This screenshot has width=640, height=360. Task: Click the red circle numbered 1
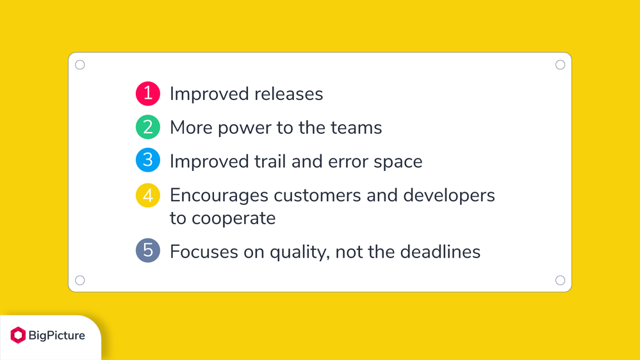coord(148,94)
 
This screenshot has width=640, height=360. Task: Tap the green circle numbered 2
coord(148,127)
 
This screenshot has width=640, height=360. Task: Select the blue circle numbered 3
coord(148,160)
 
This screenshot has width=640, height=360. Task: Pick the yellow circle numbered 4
coord(148,195)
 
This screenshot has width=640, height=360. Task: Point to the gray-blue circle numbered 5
coord(148,250)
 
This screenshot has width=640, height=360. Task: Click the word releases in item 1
coord(288,94)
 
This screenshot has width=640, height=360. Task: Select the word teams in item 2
coord(356,127)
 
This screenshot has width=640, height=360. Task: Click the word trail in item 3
coord(270,161)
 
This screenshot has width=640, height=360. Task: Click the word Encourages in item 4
coord(219,196)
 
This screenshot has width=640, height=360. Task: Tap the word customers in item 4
coord(317,195)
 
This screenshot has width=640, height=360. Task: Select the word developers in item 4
coord(449,196)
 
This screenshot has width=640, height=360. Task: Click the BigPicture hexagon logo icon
coord(18,335)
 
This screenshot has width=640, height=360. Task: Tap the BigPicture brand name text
coord(57,336)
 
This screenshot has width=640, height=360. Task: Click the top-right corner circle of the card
coord(560,65)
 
